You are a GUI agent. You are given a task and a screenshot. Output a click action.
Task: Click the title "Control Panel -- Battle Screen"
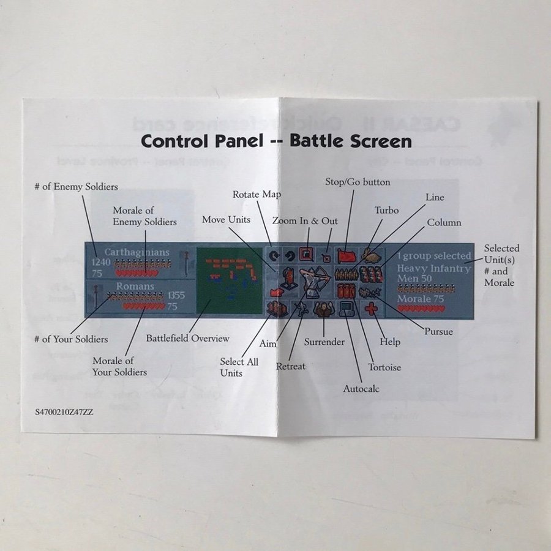pyautogui.click(x=276, y=141)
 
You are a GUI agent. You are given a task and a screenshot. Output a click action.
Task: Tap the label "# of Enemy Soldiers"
pyautogui.click(x=76, y=186)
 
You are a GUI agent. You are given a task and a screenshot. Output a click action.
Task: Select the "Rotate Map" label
pyautogui.click(x=257, y=195)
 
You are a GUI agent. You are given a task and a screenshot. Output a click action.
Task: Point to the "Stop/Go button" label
pyautogui.click(x=357, y=182)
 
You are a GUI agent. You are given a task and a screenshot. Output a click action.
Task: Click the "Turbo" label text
pyautogui.click(x=386, y=211)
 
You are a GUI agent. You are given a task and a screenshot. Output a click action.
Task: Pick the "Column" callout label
pyautogui.click(x=444, y=223)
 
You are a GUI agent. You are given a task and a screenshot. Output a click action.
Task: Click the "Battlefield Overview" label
pyautogui.click(x=187, y=338)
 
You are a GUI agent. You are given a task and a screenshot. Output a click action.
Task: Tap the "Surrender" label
pyautogui.click(x=324, y=342)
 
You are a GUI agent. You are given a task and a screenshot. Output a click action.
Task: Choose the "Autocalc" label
pyautogui.click(x=361, y=389)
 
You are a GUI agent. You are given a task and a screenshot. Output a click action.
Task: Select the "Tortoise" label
pyautogui.click(x=384, y=367)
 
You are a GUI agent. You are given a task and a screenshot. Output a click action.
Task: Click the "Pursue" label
pyautogui.click(x=438, y=332)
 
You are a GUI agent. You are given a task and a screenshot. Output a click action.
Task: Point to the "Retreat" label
pyautogui.click(x=290, y=366)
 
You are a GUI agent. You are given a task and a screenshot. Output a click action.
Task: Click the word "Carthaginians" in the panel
pyautogui.click(x=129, y=252)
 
